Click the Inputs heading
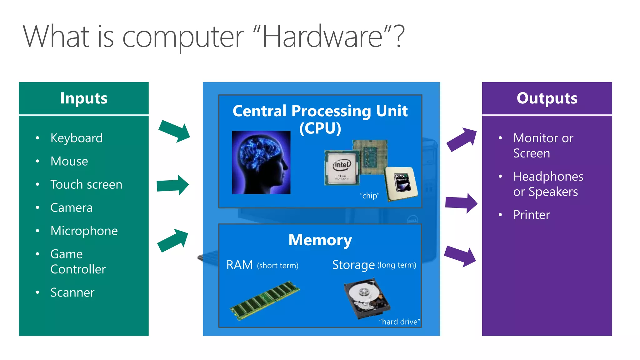pyautogui.click(x=84, y=98)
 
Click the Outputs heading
pyautogui.click(x=547, y=98)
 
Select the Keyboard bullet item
pyautogui.click(x=77, y=138)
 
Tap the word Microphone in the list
pyautogui.click(x=84, y=231)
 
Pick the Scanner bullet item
pyautogui.click(x=72, y=292)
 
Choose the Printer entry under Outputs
pyautogui.click(x=531, y=215)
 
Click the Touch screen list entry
pyautogui.click(x=86, y=185)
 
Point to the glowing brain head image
pyautogui.click(x=261, y=162)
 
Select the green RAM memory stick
pyautogui.click(x=265, y=300)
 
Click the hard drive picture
pyautogui.click(x=367, y=298)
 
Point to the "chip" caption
pyautogui.click(x=369, y=196)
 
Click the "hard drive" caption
pyautogui.click(x=399, y=322)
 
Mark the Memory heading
pyautogui.click(x=320, y=240)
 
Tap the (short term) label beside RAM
pyautogui.click(x=277, y=266)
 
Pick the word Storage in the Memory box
pyautogui.click(x=353, y=265)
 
